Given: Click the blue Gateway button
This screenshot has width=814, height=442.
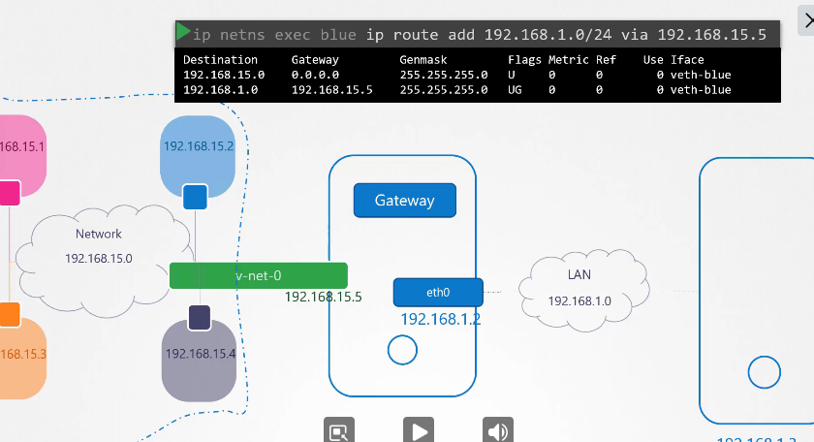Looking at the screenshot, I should (404, 200).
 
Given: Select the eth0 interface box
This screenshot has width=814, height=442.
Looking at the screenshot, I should (438, 292).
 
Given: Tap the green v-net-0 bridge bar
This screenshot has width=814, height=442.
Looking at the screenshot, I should (258, 275).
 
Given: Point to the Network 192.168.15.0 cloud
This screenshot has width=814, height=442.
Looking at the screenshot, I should (99, 247).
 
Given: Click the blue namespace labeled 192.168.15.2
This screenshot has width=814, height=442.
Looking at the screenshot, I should (198, 147).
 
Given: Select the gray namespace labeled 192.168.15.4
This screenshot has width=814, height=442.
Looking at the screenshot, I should (199, 360).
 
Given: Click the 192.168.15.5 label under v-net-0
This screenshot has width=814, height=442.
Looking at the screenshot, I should (323, 297).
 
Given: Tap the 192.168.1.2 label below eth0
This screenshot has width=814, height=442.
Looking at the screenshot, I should (441, 319).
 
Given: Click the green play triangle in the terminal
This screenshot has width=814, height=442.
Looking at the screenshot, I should (183, 33).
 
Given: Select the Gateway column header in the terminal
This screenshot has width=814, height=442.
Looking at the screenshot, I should (315, 60).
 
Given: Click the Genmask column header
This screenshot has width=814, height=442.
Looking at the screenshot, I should (424, 60).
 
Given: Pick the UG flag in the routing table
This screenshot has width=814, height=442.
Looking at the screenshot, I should (515, 89).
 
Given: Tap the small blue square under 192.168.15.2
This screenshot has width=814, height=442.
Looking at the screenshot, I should (195, 197).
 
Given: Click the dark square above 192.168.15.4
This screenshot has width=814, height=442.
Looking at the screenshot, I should (200, 317).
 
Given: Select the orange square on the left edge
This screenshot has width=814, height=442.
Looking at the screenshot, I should (8, 314).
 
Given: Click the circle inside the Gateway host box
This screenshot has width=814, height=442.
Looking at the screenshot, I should (402, 350).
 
